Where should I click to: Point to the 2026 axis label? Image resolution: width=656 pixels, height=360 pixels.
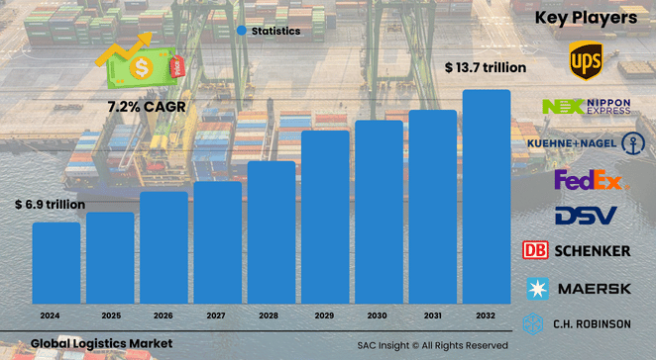[x=164, y=315]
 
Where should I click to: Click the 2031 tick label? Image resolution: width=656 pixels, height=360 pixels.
[x=432, y=315]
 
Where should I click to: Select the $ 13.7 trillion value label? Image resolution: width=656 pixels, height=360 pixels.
[x=485, y=67]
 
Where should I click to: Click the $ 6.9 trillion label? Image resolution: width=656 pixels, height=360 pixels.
[x=50, y=205]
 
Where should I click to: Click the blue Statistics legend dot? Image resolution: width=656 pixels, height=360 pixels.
[x=241, y=31]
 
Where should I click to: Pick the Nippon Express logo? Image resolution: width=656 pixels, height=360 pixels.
[x=586, y=107]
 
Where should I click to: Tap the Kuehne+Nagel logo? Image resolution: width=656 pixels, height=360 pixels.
[x=586, y=143]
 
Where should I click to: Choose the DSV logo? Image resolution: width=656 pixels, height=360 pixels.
[x=585, y=214]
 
